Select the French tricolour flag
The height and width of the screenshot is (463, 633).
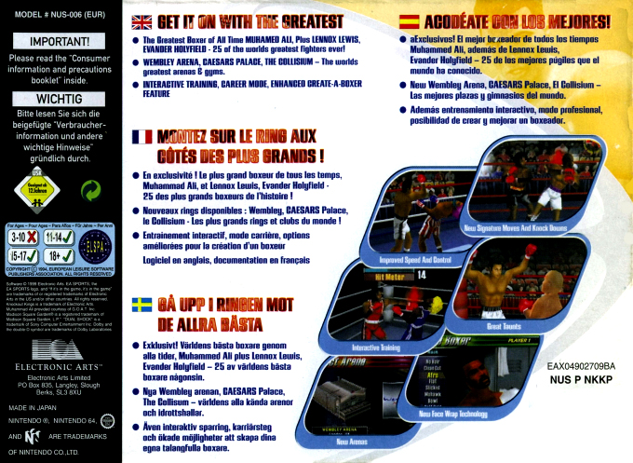142,137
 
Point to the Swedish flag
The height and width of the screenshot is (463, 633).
142,304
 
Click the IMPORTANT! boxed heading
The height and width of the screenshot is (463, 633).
60,42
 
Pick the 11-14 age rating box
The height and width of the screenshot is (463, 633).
58,238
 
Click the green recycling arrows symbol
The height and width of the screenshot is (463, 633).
90,191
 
